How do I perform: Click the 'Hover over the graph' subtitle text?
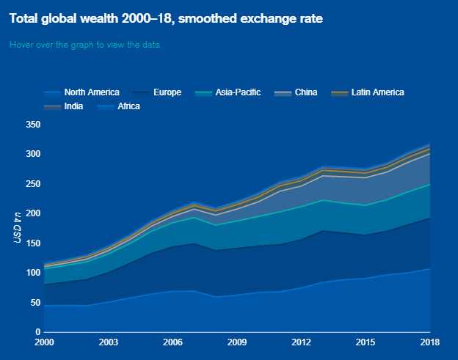click(84, 45)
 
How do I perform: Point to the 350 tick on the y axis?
click(32, 125)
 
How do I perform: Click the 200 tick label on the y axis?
click(32, 213)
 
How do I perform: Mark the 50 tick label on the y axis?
click(34, 303)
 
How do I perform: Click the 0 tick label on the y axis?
click(37, 332)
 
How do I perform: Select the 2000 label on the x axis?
click(44, 342)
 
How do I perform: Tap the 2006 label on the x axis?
click(172, 342)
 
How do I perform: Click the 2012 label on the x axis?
click(301, 342)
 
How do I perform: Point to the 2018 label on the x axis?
click(429, 342)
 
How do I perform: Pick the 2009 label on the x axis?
click(236, 342)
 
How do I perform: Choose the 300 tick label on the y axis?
click(32, 154)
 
